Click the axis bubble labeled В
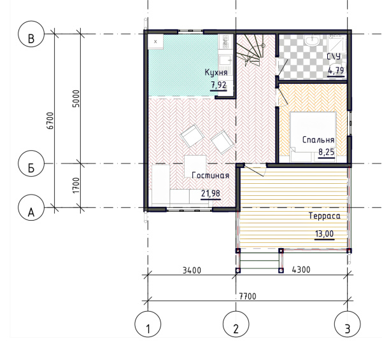pyautogui.click(x=31, y=34)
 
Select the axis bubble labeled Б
pyautogui.click(x=31, y=163)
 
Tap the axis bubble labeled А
pyautogui.click(x=31, y=207)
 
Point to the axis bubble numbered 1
pyautogui.click(x=148, y=324)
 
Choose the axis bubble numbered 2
pyautogui.click(x=236, y=324)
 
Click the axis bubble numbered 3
pyautogui.click(x=348, y=324)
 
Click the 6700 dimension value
pyautogui.click(x=50, y=121)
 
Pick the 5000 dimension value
pyautogui.click(x=76, y=99)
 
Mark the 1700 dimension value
pyautogui.click(x=76, y=186)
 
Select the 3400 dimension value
pyautogui.click(x=192, y=270)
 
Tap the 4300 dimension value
pyautogui.click(x=301, y=270)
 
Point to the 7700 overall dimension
pyautogui.click(x=248, y=296)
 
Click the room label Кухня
pyautogui.click(x=216, y=73)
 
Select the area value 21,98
pyautogui.click(x=211, y=193)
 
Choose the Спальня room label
pyautogui.click(x=318, y=140)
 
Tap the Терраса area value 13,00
pyautogui.click(x=325, y=234)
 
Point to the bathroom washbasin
pyautogui.click(x=312, y=40)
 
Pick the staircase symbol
pyautogui.click(x=251, y=50)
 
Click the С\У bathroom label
pyautogui.click(x=334, y=57)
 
